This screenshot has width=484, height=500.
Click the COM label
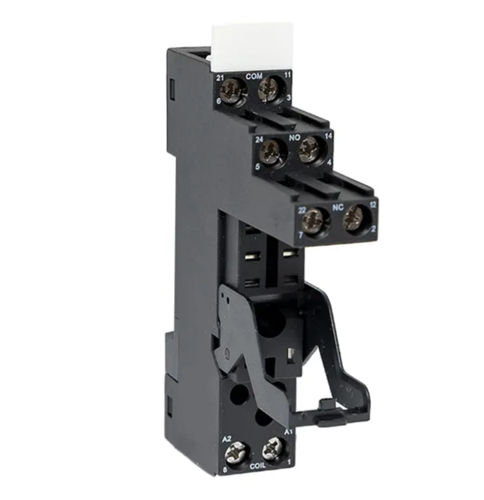(x=254, y=77)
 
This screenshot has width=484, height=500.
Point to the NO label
(x=294, y=138)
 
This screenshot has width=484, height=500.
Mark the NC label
(x=338, y=207)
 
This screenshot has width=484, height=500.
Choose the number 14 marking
(x=328, y=136)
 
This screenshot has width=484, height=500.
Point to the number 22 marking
(x=301, y=210)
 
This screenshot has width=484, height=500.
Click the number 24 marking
(x=259, y=139)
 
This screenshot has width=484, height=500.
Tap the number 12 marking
(x=373, y=205)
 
